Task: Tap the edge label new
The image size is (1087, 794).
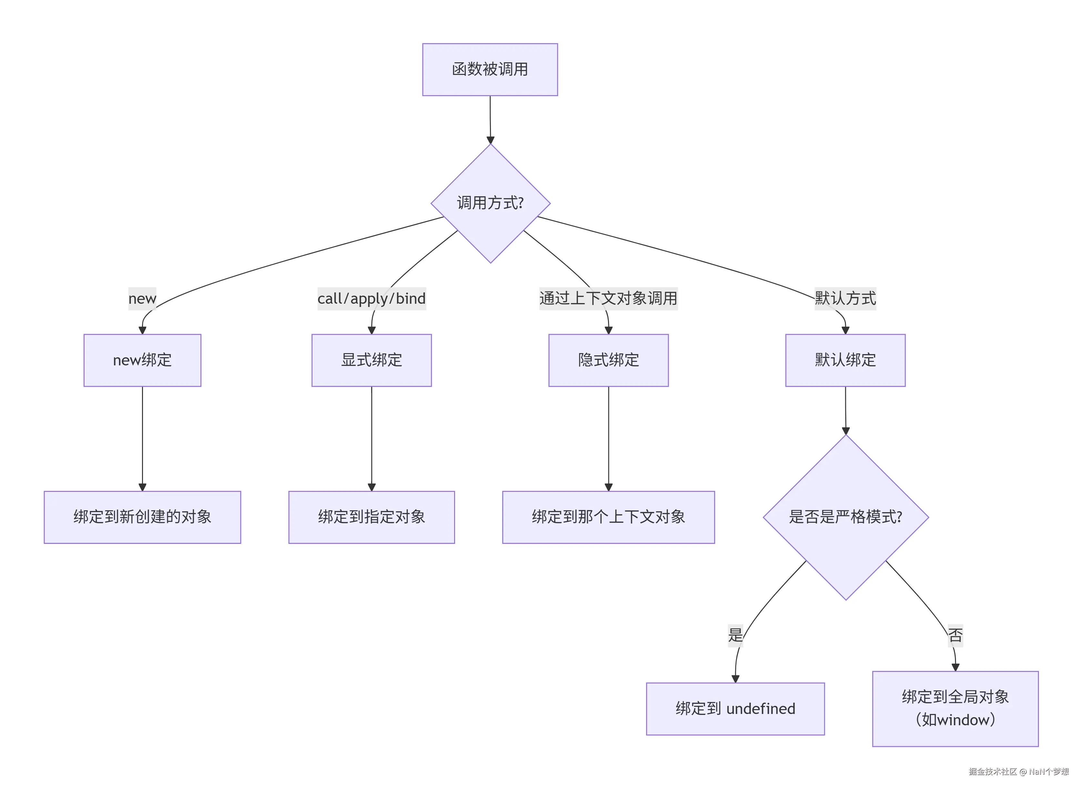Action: (x=142, y=299)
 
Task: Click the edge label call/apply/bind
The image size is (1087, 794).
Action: (x=371, y=299)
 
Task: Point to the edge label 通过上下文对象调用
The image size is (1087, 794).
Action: (x=608, y=299)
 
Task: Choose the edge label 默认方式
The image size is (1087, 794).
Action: (x=845, y=299)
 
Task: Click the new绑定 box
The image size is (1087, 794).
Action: (x=142, y=360)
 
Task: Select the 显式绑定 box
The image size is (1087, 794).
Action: (x=371, y=360)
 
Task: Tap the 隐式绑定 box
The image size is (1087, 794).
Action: (x=608, y=360)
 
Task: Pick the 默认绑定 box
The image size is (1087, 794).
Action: (x=845, y=360)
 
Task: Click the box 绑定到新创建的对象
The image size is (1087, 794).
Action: (x=142, y=517)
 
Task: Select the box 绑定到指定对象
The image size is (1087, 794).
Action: (x=371, y=517)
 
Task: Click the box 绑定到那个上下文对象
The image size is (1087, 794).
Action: (x=608, y=517)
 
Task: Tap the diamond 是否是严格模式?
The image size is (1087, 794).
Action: (x=845, y=517)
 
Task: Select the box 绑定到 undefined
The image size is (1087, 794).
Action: (x=735, y=708)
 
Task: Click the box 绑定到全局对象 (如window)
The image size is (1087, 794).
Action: (x=955, y=708)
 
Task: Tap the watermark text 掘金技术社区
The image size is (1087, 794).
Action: (x=992, y=771)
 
